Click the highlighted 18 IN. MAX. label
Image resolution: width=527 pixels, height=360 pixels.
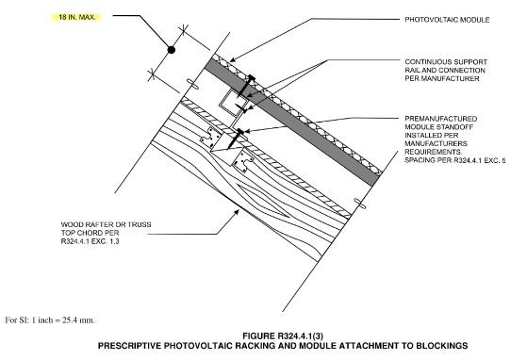tap(77, 17)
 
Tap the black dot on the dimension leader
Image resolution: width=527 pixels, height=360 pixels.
tap(172, 50)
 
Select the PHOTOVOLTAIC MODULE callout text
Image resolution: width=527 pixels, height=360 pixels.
tap(447, 20)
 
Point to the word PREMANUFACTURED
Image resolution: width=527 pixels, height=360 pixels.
tap(440, 119)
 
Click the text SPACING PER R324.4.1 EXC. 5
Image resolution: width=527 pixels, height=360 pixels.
tap(454, 160)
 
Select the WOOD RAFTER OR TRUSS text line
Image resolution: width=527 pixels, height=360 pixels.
tap(106, 224)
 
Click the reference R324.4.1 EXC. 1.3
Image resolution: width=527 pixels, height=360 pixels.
tap(90, 241)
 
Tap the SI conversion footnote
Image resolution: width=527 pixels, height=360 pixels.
tap(50, 320)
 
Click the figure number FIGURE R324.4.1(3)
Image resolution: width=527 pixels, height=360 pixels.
tap(283, 335)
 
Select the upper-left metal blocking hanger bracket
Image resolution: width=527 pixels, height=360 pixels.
tap(211, 137)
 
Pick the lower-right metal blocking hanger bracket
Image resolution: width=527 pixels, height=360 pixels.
tap(243, 161)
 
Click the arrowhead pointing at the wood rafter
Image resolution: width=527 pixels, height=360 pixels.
tap(237, 213)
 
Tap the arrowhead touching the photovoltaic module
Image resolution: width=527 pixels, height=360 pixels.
tap(233, 60)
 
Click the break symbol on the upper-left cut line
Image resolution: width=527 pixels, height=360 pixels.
tap(193, 84)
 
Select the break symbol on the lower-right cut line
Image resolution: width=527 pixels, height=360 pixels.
tap(359, 204)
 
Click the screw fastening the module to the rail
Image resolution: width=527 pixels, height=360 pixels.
tap(246, 86)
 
